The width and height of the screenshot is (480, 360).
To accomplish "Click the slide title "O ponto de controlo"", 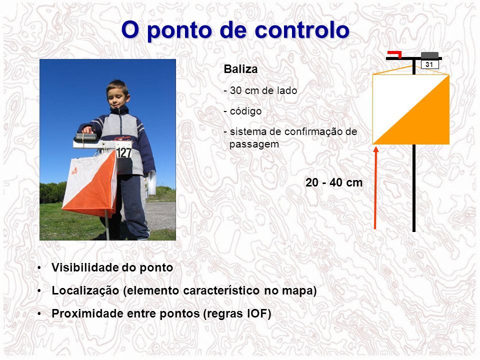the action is tap(235, 30).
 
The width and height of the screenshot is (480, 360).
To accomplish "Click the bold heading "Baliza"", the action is tap(240, 69).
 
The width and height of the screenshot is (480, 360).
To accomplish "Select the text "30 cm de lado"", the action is tap(263, 90).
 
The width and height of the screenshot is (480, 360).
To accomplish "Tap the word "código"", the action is tap(245, 111).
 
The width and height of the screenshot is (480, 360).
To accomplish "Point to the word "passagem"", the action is tap(254, 144).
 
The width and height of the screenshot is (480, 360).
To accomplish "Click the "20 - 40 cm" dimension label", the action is tap(334, 182).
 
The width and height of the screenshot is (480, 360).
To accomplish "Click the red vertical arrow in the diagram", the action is tap(375, 187).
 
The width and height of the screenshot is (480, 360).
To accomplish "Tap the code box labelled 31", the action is tap(429, 64).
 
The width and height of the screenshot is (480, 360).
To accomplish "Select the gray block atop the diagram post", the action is tap(429, 55).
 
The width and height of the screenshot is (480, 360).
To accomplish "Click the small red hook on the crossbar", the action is tap(395, 54).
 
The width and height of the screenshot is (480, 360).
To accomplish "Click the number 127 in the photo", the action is tap(123, 152).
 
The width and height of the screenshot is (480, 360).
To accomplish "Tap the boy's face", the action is tap(118, 96).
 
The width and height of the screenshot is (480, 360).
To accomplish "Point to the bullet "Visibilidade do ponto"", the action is tap(112, 267).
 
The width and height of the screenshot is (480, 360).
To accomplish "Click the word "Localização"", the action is tap(85, 290).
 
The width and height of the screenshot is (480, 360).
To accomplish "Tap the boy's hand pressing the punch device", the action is tap(87, 130).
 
